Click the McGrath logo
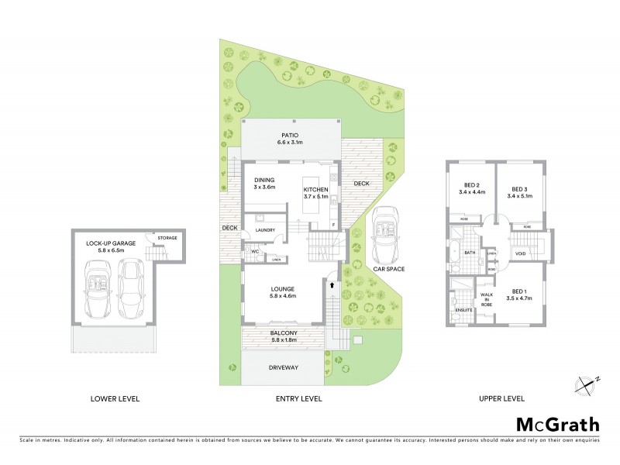tap(557, 425)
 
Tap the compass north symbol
tap(588, 382)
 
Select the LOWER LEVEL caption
tap(115, 399)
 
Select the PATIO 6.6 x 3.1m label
tap(291, 138)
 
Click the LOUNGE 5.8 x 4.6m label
tap(282, 291)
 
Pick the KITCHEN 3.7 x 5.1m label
tap(316, 194)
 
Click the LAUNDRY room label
tap(266, 229)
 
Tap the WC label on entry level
tap(254, 251)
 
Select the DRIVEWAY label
tap(283, 368)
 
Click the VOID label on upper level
tap(521, 253)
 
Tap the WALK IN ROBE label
tap(487, 299)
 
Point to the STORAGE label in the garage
tap(167, 238)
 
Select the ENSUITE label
tap(463, 311)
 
